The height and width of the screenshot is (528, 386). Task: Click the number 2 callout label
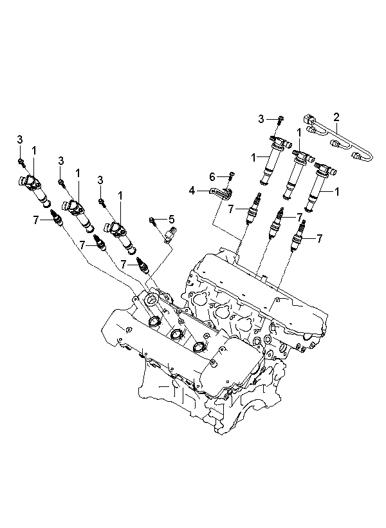tap(336, 117)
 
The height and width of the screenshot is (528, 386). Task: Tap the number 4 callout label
tap(192, 191)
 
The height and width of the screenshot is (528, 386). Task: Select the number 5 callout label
tap(171, 220)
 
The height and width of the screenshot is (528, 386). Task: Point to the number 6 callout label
tap(212, 176)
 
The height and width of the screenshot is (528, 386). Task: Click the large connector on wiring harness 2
tap(309, 120)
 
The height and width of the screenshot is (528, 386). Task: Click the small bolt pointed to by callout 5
tap(152, 221)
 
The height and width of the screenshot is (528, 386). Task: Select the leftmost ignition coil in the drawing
tap(33, 189)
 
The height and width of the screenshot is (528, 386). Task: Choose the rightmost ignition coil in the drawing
tap(321, 186)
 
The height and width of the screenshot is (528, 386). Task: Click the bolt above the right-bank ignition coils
tap(280, 119)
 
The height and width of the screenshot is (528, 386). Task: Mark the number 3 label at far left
tap(20, 139)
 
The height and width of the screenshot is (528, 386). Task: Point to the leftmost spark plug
tap(56, 218)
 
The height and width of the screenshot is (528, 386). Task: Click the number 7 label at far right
tap(319, 238)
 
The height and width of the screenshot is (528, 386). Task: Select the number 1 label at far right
tap(336, 192)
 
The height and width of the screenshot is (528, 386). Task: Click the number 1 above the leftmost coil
tap(34, 151)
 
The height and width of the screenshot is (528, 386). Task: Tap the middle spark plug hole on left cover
tap(176, 334)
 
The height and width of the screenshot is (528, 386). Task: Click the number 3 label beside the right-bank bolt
tap(261, 119)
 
